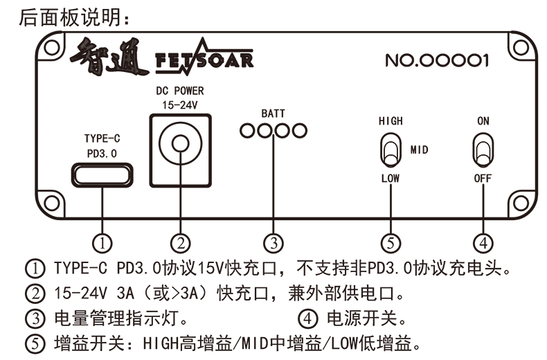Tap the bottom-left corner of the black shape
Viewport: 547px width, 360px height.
(23, 354)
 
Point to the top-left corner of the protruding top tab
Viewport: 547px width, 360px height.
(17, 8)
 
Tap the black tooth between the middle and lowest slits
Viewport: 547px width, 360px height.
(25, 318)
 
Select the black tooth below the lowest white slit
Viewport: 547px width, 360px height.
(25, 343)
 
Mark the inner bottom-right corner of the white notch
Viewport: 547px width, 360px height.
(89, 253)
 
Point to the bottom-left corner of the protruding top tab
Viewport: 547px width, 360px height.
(18, 26)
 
